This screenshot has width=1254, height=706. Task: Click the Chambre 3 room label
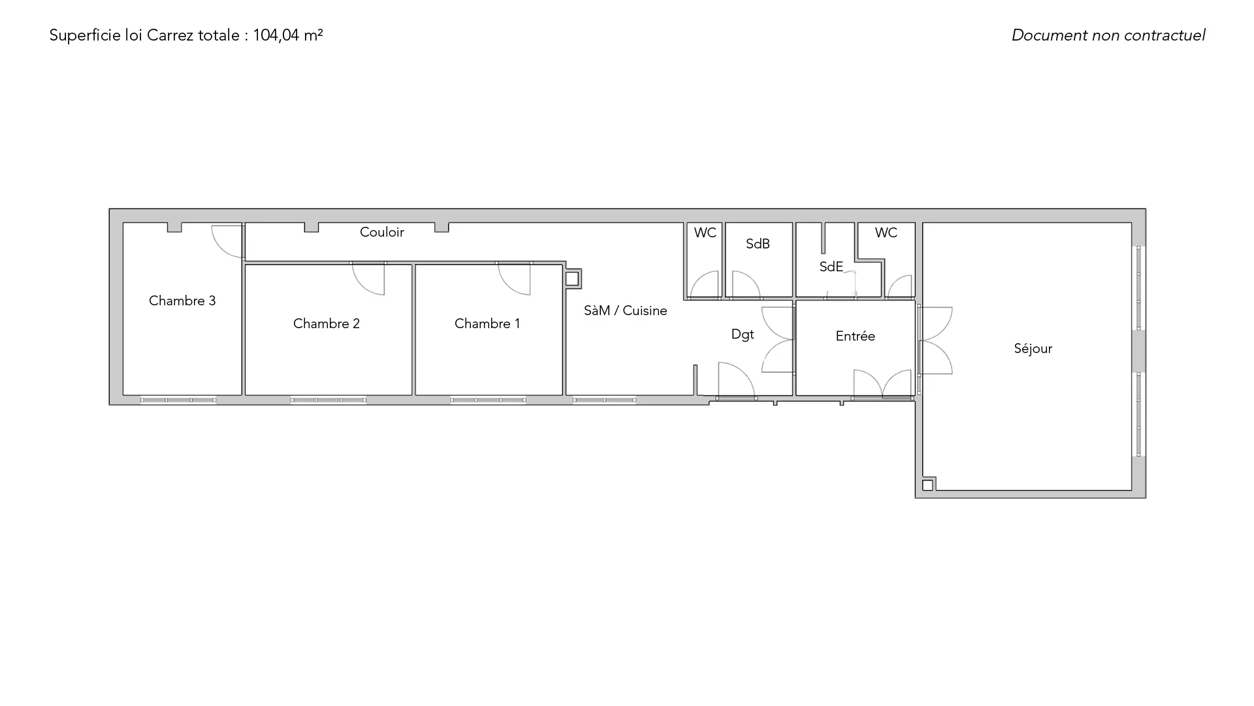[182, 301]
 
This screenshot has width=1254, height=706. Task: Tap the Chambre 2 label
[327, 324]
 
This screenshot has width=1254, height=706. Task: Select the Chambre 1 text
[487, 324]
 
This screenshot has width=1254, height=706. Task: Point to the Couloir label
[382, 232]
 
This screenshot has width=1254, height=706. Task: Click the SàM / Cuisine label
[626, 311]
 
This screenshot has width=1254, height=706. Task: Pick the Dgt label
[743, 335]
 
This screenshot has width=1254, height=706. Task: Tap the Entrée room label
[856, 336]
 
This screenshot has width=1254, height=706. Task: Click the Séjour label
[1033, 349]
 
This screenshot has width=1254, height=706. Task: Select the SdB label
[758, 244]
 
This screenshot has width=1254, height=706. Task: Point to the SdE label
[831, 267]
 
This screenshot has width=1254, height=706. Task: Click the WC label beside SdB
[705, 233]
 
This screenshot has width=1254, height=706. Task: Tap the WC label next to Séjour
[886, 233]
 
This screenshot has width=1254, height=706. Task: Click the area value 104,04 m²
[288, 35]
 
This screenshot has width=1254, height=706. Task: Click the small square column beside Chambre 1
[572, 279]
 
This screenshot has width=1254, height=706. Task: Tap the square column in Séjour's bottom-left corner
[927, 486]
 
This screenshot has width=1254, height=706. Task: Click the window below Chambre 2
[329, 400]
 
